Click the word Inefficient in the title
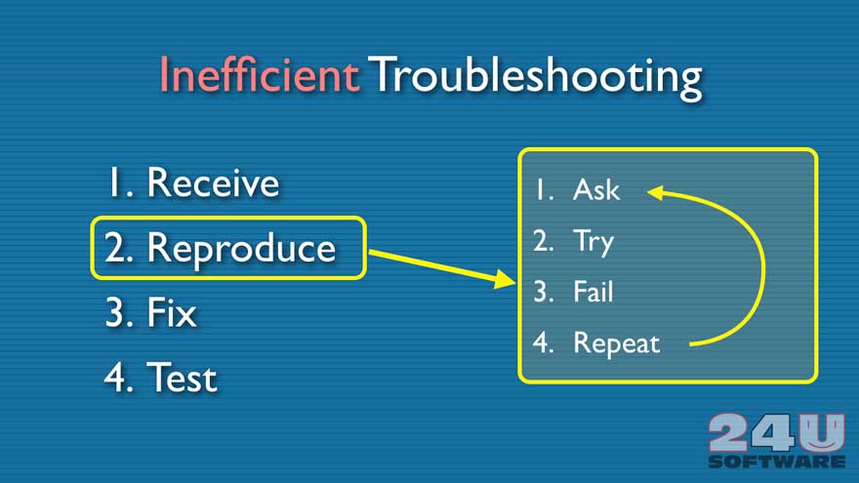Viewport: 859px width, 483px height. tap(259, 74)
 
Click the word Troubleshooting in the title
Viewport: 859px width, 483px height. tap(535, 77)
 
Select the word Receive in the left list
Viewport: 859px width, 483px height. tap(213, 182)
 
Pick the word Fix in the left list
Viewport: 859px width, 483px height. tap(172, 312)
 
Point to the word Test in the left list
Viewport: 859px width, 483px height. tap(182, 378)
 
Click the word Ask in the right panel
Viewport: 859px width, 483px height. tap(596, 190)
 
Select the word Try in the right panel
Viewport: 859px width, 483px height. tap(593, 243)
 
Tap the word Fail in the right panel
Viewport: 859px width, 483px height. tap(593, 292)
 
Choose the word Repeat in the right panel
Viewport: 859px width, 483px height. tap(617, 344)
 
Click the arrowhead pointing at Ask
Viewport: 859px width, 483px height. tap(655, 192)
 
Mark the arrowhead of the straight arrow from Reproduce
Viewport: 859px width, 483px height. tap(504, 279)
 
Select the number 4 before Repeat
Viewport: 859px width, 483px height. tap(543, 342)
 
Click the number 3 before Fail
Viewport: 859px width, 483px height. tap(544, 292)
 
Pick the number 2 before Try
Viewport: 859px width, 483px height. tap(544, 240)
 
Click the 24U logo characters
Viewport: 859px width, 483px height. tap(776, 433)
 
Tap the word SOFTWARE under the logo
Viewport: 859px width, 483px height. tap(777, 462)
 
